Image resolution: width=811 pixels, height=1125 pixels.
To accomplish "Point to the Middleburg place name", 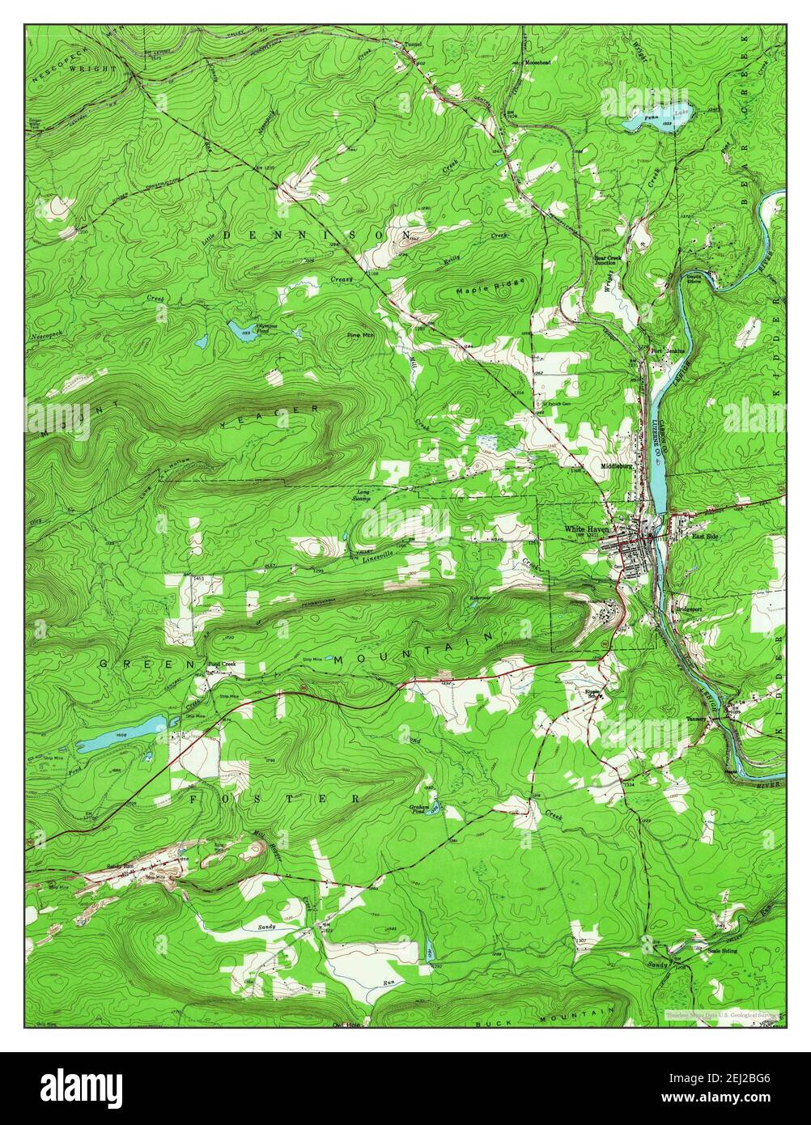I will coord(617,466).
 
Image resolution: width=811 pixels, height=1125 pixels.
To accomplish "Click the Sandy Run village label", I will coord(121,866).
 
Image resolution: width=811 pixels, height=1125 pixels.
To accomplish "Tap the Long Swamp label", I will coord(361,495).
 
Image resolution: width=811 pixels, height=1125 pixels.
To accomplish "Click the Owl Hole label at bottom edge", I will coord(345,1022).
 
